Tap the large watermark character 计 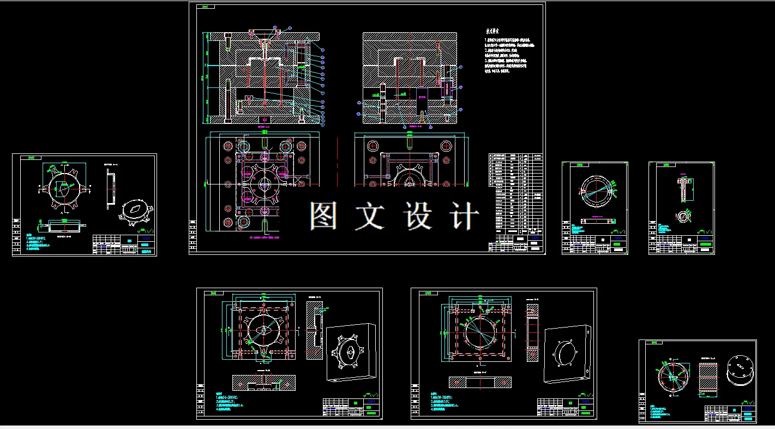tap(465, 216)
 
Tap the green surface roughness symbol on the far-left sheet tap(146, 231)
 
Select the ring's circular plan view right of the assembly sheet tap(595, 190)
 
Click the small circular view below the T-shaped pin tap(682, 217)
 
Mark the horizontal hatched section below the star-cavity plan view tap(264, 382)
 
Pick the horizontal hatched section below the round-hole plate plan tap(480, 382)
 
